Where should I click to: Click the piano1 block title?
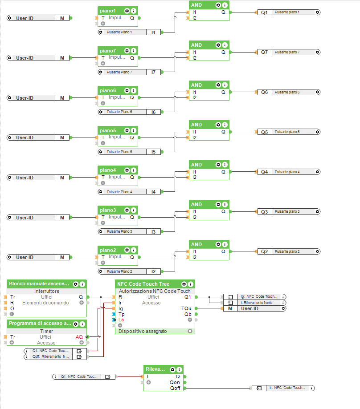[x=108, y=11]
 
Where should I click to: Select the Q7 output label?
[x=264, y=52]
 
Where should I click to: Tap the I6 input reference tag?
[x=153, y=112]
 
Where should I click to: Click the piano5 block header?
[x=108, y=130]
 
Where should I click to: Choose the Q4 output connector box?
[x=264, y=172]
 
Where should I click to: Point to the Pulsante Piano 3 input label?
[x=119, y=231]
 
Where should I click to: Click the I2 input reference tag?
[x=153, y=271]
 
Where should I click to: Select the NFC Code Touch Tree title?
[x=143, y=284]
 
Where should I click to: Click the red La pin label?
[x=121, y=320]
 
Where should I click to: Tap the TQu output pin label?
[x=186, y=308]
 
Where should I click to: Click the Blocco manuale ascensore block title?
[x=39, y=284]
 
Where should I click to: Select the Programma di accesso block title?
[x=39, y=324]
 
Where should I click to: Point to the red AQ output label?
[x=79, y=337]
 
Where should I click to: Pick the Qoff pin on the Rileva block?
[x=176, y=388]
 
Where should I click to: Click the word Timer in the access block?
[x=46, y=331]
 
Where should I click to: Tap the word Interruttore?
[x=46, y=291]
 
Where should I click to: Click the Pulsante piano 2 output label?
[x=287, y=251]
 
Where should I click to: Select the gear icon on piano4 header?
[x=127, y=170]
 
